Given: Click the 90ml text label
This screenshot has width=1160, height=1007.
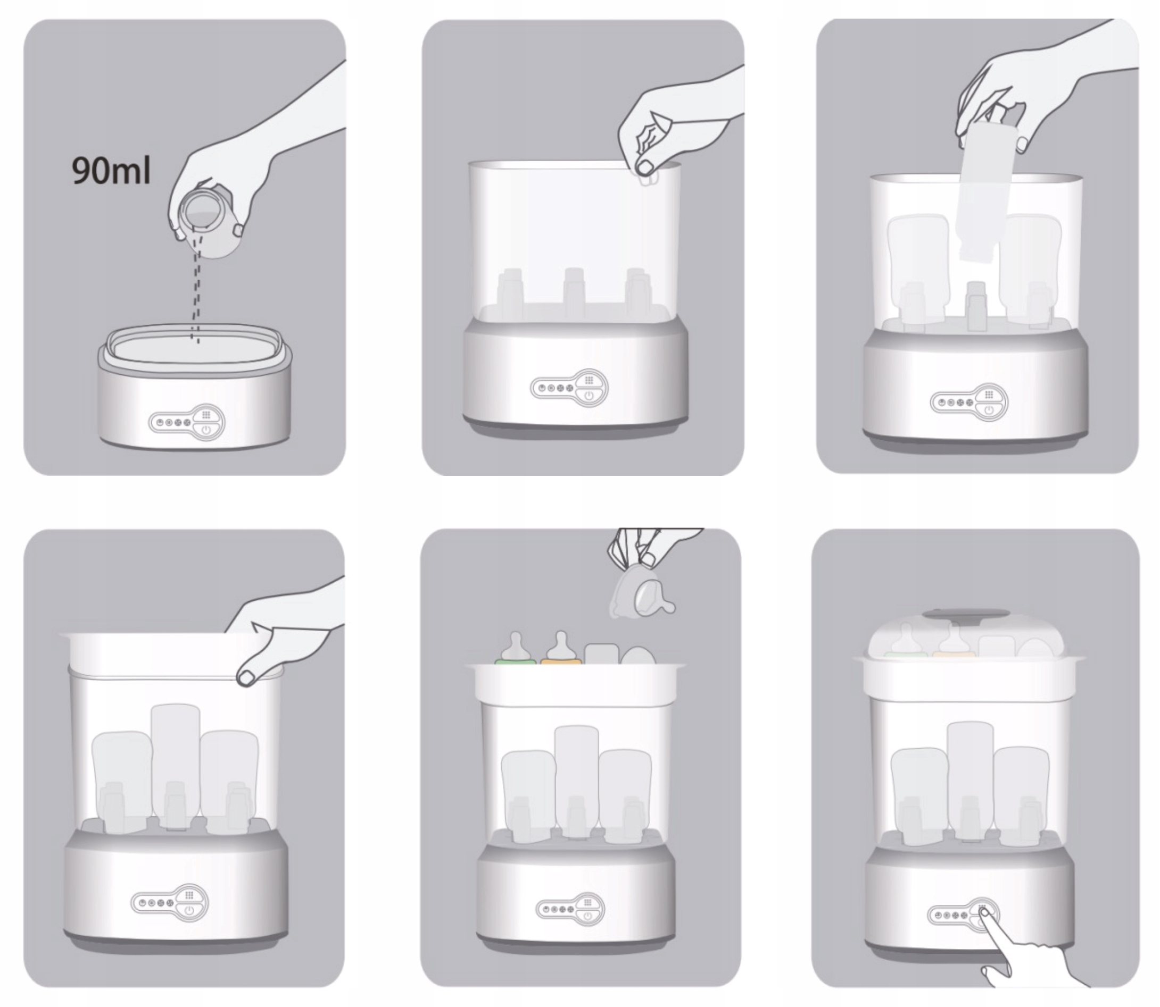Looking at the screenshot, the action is [x=111, y=171].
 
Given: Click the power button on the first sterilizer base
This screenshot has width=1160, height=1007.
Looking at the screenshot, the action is [x=205, y=431].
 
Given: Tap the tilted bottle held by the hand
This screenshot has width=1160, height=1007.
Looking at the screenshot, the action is [x=987, y=197].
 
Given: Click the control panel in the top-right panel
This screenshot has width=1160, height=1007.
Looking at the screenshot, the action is [x=969, y=402].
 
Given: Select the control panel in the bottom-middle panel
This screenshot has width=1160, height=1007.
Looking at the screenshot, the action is [x=569, y=909].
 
